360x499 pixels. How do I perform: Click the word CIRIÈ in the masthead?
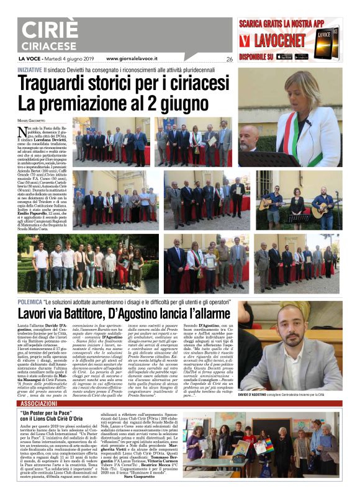click(50, 30)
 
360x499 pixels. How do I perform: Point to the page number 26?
click(229, 59)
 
